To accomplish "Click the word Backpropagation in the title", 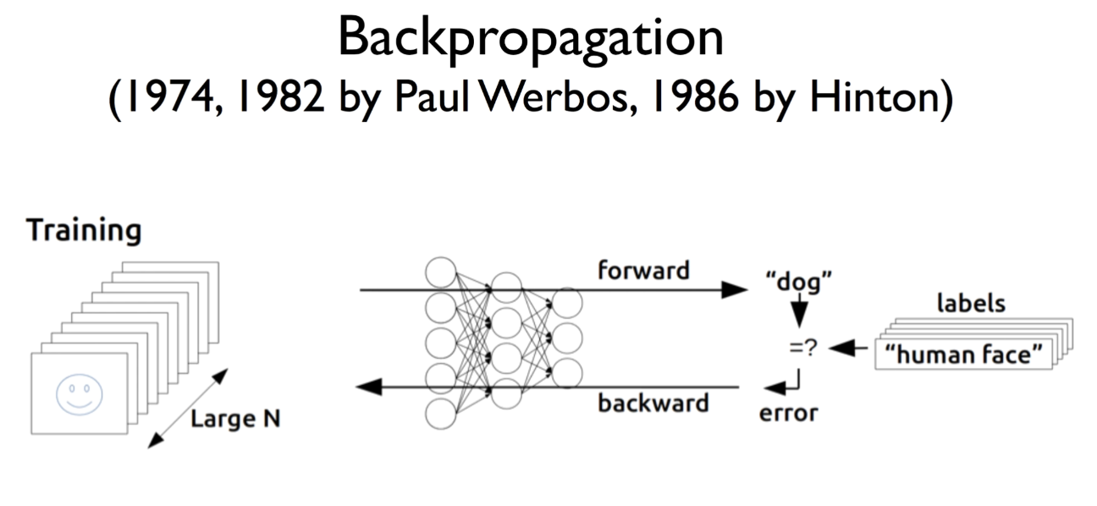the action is pos(530,38).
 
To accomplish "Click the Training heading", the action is pos(84,230).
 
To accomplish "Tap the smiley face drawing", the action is pos(80,394).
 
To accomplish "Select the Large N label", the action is pos(235,418).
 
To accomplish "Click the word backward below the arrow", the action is pos(653,403).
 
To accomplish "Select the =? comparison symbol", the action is pos(803,347).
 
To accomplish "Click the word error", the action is pos(789,414).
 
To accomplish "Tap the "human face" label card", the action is pos(963,355).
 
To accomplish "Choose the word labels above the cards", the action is pos(970,302).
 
